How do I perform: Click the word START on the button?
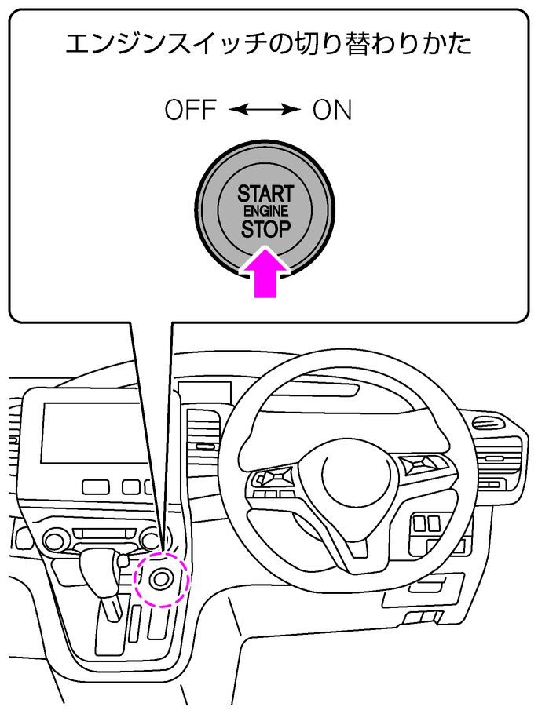coord(265,193)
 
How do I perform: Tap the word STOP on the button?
coord(265,230)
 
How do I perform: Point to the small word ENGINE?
coord(265,212)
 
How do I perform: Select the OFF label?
coord(190,111)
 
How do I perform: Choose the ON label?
coord(332,111)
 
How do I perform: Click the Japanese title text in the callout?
coord(268,44)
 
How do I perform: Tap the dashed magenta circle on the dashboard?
coord(162,579)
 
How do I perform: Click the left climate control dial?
coord(56,539)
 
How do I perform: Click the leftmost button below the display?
coord(93,486)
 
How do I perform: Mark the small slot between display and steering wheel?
coord(207,446)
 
